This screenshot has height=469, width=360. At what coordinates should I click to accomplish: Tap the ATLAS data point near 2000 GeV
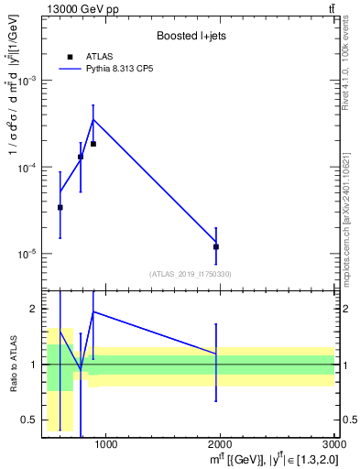(x=216, y=246)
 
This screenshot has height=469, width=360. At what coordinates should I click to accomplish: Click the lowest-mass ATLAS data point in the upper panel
(x=60, y=208)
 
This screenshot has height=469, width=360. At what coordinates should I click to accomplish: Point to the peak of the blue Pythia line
(x=93, y=119)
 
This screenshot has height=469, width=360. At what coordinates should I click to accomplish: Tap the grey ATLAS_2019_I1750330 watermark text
(x=191, y=274)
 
